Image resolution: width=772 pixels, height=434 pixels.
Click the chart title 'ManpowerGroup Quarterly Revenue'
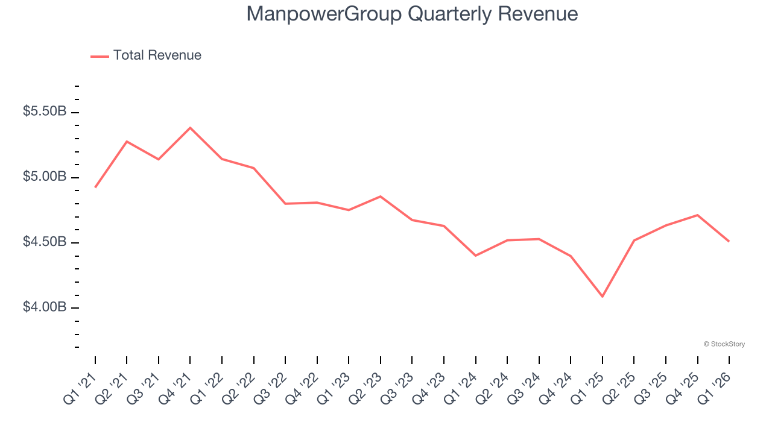tap(412, 14)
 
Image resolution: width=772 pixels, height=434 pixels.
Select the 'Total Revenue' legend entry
tap(157, 55)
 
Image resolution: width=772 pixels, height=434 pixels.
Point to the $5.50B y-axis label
tap(45, 112)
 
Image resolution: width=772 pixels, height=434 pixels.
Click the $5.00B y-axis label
tap(45, 177)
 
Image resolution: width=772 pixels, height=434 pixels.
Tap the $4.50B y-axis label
tap(45, 242)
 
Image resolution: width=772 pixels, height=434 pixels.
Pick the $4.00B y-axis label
tap(45, 307)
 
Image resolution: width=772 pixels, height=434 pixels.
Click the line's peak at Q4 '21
tap(190, 128)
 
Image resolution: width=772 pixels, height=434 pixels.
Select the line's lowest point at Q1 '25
tap(603, 297)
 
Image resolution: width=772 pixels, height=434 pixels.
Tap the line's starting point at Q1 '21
tap(95, 187)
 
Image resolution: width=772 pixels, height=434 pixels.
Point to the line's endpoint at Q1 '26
tap(729, 242)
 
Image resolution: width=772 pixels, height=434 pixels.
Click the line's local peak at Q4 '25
tap(698, 215)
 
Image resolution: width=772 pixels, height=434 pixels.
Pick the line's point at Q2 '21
tap(127, 141)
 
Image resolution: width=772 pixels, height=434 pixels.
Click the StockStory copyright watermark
tap(724, 344)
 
